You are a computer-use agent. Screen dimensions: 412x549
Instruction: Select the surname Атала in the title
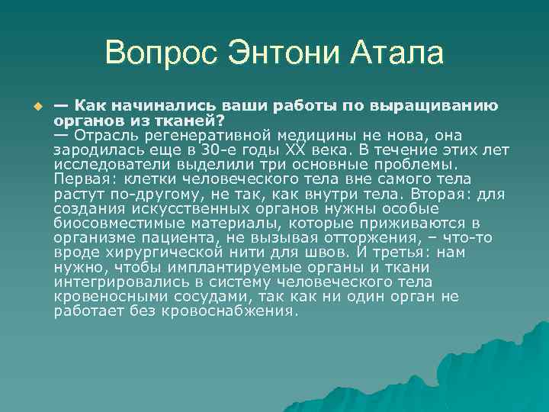click(x=397, y=54)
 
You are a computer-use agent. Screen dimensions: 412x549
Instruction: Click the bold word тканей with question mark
click(x=187, y=120)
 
